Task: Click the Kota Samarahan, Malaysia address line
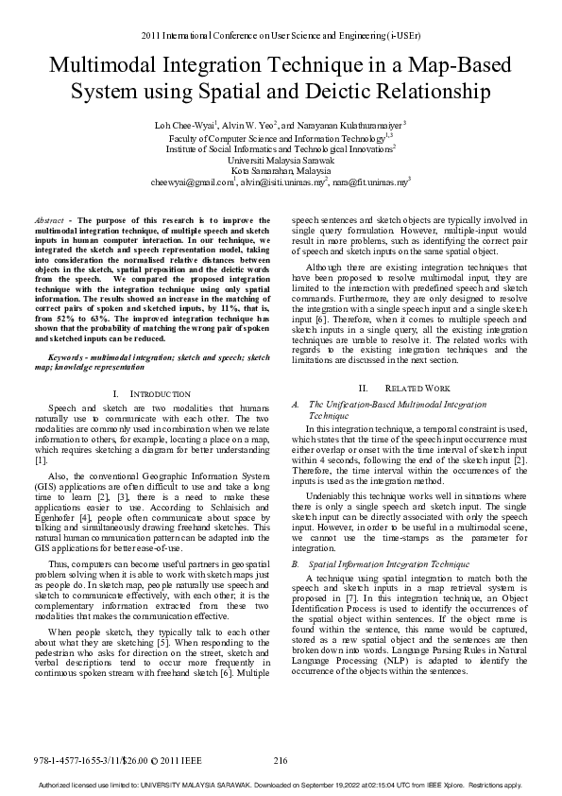pyautogui.click(x=281, y=170)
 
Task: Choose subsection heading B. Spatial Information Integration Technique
pyautogui.click(x=382, y=562)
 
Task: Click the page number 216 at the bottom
pyautogui.click(x=280, y=761)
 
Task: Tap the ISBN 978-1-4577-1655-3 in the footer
pyautogui.click(x=72, y=761)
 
